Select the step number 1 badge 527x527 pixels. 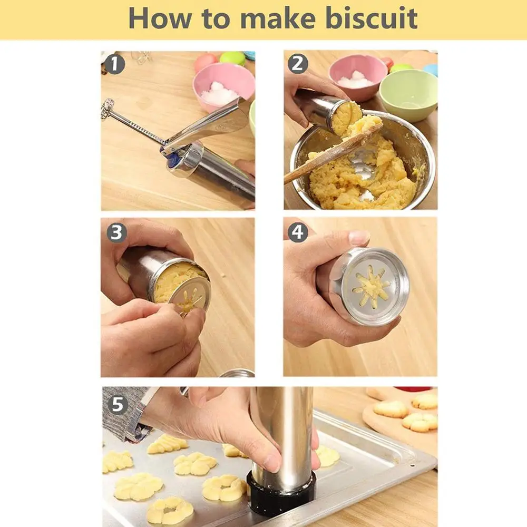114,65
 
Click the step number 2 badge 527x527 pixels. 298,64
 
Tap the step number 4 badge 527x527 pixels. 298,232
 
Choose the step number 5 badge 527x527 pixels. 118,405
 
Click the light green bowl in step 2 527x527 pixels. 408,95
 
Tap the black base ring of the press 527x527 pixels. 282,495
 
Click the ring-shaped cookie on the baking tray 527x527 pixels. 170,510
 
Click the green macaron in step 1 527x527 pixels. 232,57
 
